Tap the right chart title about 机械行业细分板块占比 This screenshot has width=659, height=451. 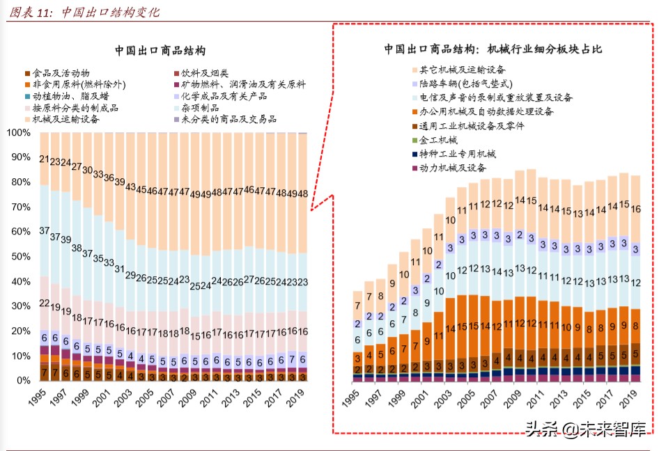tap(493, 49)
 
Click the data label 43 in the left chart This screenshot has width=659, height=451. tap(130, 187)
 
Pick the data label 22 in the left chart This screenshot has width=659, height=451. tap(44, 303)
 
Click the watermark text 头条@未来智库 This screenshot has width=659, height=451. tap(584, 429)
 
